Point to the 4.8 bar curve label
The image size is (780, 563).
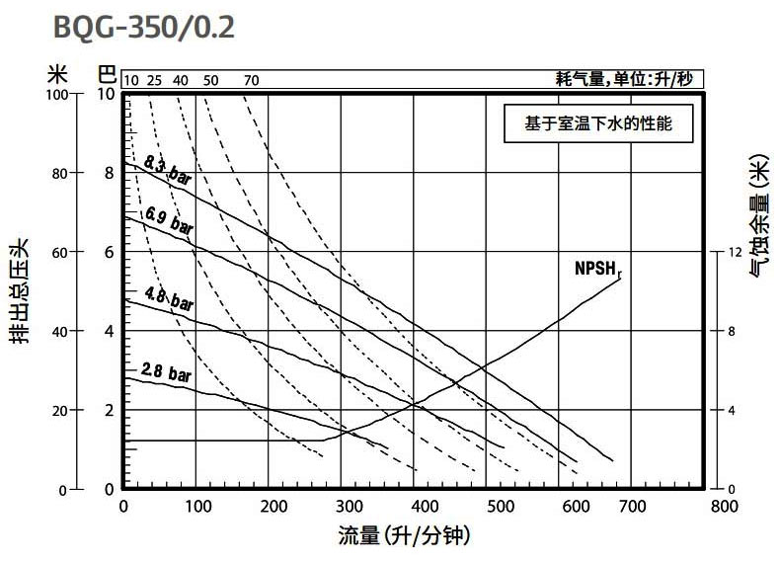tap(168, 297)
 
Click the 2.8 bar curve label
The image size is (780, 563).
tap(165, 373)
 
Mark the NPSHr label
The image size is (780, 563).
tap(597, 267)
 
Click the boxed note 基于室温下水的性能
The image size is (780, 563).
tap(603, 126)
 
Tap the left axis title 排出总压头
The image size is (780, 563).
tap(20, 290)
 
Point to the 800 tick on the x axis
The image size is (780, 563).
tap(724, 507)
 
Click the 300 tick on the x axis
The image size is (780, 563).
tap(348, 507)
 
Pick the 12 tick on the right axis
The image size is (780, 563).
tap(734, 253)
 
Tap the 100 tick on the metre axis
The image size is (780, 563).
tap(60, 95)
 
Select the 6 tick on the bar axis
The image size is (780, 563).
tap(110, 253)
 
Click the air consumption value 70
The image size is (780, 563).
tap(251, 80)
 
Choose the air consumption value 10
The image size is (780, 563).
tap(131, 80)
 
